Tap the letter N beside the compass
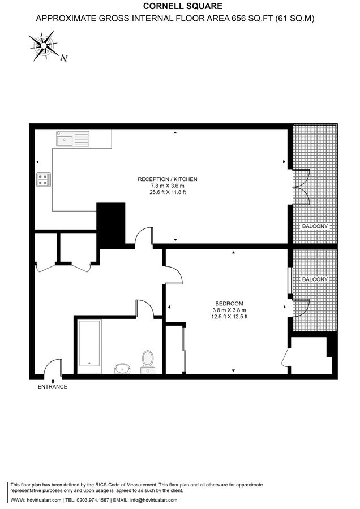(65, 58)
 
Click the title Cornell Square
(174, 6)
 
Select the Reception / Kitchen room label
(168, 179)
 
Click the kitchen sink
(72, 138)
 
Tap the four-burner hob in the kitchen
(44, 179)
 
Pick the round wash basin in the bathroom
(122, 369)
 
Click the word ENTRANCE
(53, 387)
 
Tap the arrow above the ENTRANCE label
(53, 381)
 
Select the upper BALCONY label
(315, 226)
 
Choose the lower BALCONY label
(315, 279)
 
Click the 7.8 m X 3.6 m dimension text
(168, 186)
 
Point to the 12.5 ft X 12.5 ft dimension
(229, 317)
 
